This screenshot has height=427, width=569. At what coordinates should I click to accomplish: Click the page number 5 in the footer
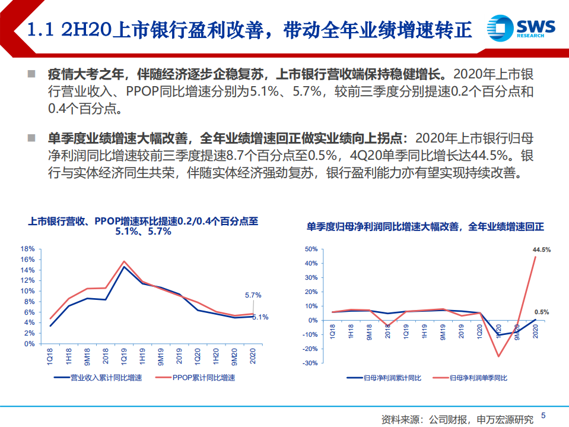543,416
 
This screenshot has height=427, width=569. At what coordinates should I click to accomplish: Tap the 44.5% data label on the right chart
541,250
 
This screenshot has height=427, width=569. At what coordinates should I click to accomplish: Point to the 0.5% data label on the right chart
541,312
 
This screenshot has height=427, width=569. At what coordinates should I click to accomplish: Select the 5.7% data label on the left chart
253,295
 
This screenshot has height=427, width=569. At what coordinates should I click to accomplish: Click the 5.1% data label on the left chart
260,317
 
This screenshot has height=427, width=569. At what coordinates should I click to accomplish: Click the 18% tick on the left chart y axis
28,249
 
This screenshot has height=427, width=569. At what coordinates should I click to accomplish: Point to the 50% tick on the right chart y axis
311,249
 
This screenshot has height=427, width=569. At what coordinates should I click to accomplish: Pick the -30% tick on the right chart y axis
310,363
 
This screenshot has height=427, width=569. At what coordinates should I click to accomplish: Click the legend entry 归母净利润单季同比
473,377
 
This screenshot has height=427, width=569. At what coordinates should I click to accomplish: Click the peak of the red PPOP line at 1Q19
124,261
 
